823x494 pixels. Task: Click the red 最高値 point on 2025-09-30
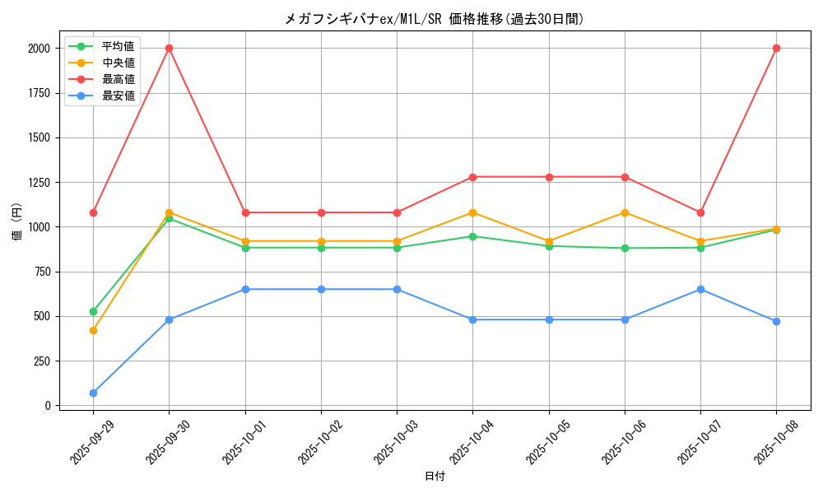[169, 48]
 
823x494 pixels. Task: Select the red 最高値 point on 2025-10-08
[776, 48]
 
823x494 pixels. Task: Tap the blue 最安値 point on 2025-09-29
[93, 393]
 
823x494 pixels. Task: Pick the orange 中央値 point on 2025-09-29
[93, 330]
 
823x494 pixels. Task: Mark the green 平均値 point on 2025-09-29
[93, 311]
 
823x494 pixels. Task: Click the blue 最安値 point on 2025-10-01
[245, 289]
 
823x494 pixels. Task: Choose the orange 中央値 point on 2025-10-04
[472, 212]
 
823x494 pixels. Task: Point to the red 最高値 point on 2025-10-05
[549, 177]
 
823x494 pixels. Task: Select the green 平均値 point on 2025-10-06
[625, 248]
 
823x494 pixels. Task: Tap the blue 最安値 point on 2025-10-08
[776, 321]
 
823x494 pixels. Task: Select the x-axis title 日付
[435, 477]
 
